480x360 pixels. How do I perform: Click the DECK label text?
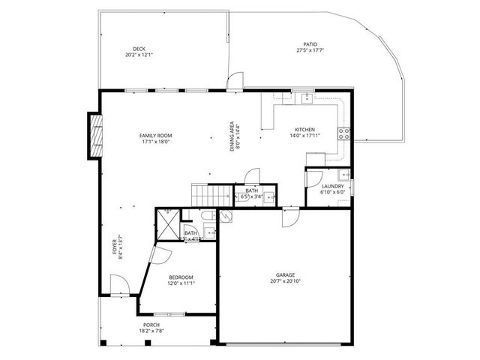[x=139, y=49]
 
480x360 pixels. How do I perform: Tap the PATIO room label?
[x=310, y=45]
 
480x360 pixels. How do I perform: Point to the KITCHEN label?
[x=304, y=129]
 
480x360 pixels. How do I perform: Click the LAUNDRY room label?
[x=332, y=186]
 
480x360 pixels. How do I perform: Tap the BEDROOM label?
[x=180, y=277]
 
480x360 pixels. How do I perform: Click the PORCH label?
[x=151, y=325]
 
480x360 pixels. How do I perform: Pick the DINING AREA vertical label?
[x=232, y=136]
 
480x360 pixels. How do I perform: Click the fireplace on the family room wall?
[x=95, y=136]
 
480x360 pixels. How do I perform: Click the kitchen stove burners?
[x=346, y=134]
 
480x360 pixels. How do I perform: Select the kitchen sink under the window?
[x=307, y=98]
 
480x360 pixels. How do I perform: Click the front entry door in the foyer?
[x=118, y=284]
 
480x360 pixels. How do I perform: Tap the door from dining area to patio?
[x=236, y=79]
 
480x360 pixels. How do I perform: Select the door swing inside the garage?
[x=289, y=217]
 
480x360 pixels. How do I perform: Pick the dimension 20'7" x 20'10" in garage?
[x=284, y=283]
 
